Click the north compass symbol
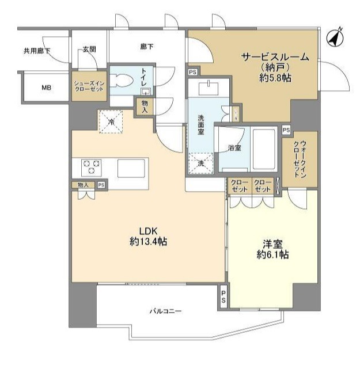point(335,38)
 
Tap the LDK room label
point(149,231)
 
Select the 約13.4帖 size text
point(149,242)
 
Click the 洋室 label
point(272,245)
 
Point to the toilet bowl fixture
point(121,81)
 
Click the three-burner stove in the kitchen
point(91,168)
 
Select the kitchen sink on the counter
point(131,168)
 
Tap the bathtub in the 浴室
point(264,149)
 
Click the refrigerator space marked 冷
point(111,121)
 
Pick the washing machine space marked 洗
point(201,164)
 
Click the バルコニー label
point(165,311)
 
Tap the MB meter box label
point(46,88)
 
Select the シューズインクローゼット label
point(89,86)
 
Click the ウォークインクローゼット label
point(300,159)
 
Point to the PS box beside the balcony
point(223,297)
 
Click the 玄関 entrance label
point(89,49)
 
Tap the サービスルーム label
point(275,57)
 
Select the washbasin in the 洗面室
point(209,88)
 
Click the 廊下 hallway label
point(147,47)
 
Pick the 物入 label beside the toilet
point(145,106)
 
